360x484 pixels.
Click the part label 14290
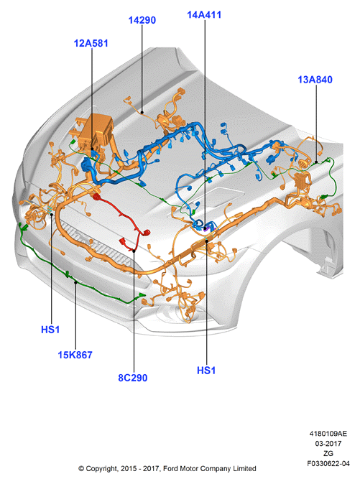pyautogui.click(x=142, y=20)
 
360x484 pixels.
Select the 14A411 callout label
pyautogui.click(x=204, y=15)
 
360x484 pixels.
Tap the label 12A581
pyautogui.click(x=91, y=43)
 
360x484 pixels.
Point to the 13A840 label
pyautogui.click(x=315, y=80)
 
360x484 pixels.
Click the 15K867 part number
pyautogui.click(x=75, y=355)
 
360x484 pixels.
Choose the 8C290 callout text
pyautogui.click(x=133, y=378)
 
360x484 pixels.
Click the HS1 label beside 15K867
pyautogui.click(x=50, y=330)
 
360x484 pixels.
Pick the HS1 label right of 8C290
pyautogui.click(x=206, y=371)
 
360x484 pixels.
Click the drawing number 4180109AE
pyautogui.click(x=328, y=434)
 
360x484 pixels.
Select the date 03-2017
pyautogui.click(x=328, y=444)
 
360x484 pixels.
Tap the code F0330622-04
pyautogui.click(x=328, y=463)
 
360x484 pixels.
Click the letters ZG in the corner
pyautogui.click(x=328, y=453)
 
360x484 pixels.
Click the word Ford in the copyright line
pyautogui.click(x=170, y=469)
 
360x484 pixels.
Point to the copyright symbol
pyautogui.click(x=81, y=469)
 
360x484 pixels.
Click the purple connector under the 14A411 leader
pyautogui.click(x=207, y=228)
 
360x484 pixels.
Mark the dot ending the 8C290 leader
pyautogui.click(x=134, y=251)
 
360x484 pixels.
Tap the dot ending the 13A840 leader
pyautogui.click(x=316, y=162)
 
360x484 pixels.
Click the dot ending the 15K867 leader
pyautogui.click(x=75, y=282)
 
